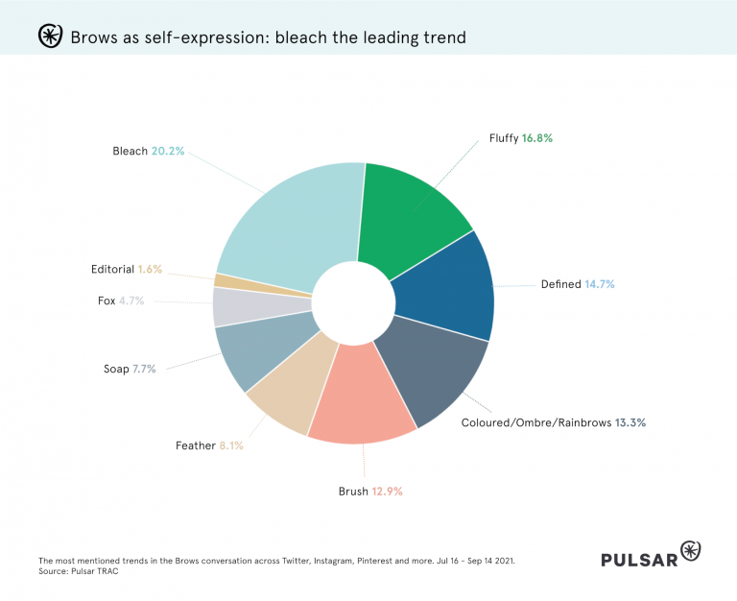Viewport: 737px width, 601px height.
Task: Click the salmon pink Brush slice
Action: (360, 403)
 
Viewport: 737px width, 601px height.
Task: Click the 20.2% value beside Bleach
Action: (168, 151)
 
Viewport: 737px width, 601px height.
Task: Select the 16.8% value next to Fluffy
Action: (537, 138)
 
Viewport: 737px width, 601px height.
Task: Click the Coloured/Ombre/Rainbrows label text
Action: (535, 422)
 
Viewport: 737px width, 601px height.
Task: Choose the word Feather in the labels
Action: (195, 445)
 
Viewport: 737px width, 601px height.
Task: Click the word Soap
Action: (116, 369)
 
